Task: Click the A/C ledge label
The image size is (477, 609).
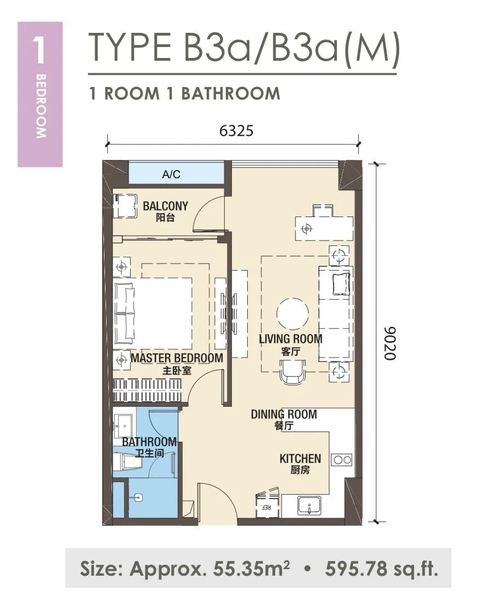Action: (x=171, y=174)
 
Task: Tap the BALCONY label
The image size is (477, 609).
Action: (x=166, y=206)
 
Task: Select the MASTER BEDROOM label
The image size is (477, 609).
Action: (x=177, y=358)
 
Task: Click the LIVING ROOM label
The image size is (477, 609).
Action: (x=291, y=339)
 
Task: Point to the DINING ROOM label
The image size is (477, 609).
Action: (x=284, y=414)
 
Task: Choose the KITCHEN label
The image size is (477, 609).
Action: (x=300, y=459)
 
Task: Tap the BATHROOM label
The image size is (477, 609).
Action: (x=149, y=442)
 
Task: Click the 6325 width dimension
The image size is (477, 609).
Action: (x=236, y=131)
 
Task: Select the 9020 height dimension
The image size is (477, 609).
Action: (x=389, y=343)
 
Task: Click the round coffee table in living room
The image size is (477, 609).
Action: (x=293, y=314)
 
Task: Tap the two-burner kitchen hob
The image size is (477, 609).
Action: (x=342, y=460)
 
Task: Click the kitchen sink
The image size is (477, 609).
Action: (x=310, y=506)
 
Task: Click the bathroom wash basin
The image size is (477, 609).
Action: (x=123, y=426)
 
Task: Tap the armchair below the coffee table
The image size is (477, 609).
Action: (x=293, y=372)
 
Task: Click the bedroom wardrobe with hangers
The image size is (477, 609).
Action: (x=147, y=390)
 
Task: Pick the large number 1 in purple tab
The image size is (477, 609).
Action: (x=40, y=50)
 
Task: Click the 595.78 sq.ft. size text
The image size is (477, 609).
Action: (x=382, y=569)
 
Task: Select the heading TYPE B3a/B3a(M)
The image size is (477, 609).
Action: (x=244, y=48)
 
